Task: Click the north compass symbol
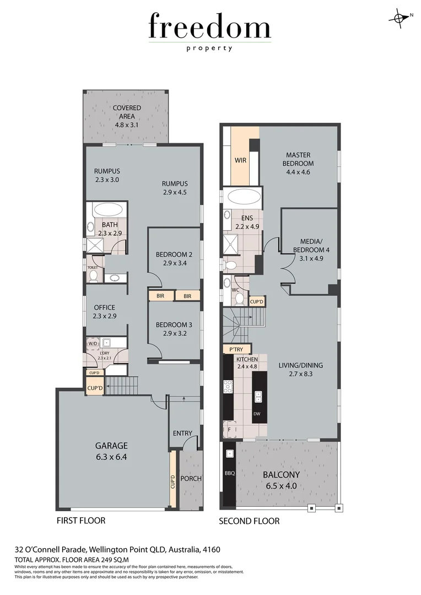(397, 18)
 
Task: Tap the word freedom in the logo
(209, 28)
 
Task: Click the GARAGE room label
(112, 446)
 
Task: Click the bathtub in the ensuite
(242, 197)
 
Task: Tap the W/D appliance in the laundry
(92, 343)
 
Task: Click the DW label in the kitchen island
(257, 413)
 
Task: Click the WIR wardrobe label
(240, 160)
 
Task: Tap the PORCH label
(191, 478)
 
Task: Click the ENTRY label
(182, 434)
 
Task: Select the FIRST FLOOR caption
(81, 520)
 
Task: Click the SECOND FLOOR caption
(249, 521)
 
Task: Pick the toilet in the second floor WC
(239, 298)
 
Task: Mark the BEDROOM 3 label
(174, 324)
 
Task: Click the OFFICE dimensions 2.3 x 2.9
(105, 316)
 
